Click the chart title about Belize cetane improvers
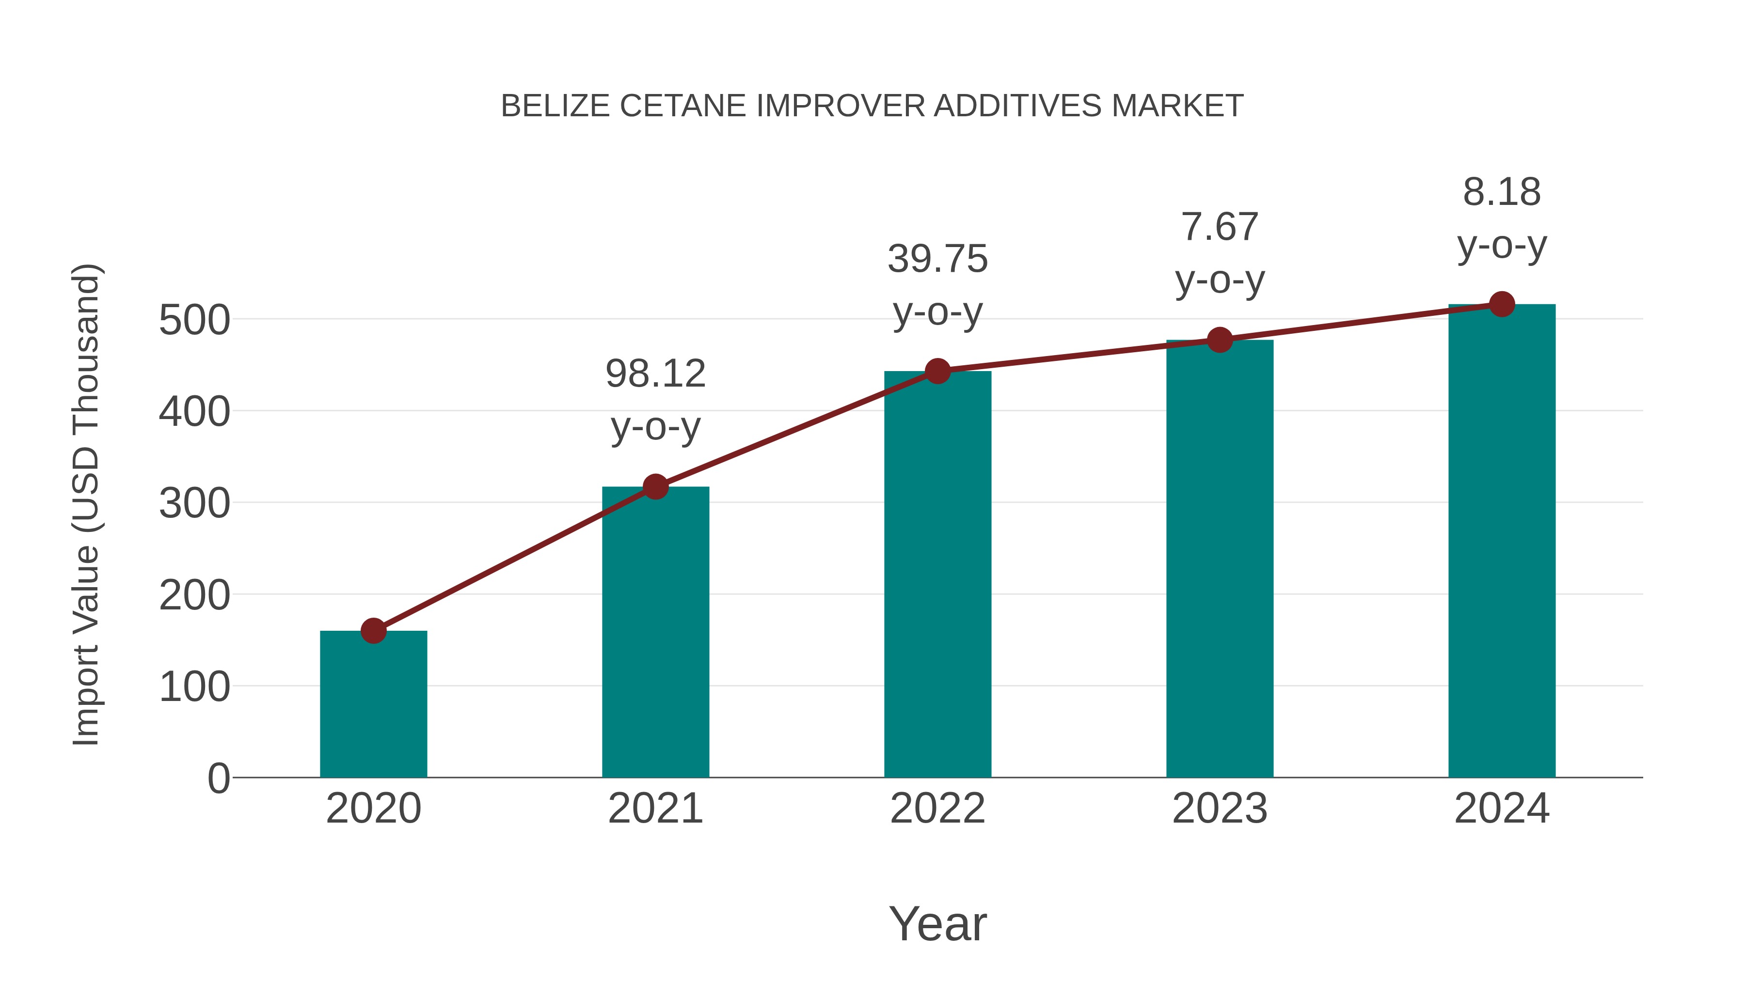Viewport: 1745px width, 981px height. [x=872, y=106]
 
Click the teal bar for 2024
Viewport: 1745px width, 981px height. [x=1502, y=541]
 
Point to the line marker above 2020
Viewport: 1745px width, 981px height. [x=373, y=631]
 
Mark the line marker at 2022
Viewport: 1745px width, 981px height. [x=937, y=371]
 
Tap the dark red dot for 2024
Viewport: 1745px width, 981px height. [x=1502, y=305]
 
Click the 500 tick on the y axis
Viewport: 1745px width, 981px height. [x=194, y=320]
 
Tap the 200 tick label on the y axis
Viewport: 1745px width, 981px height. [x=194, y=596]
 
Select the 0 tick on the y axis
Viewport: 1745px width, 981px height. [x=219, y=779]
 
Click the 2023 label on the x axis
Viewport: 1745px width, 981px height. [x=1220, y=809]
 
